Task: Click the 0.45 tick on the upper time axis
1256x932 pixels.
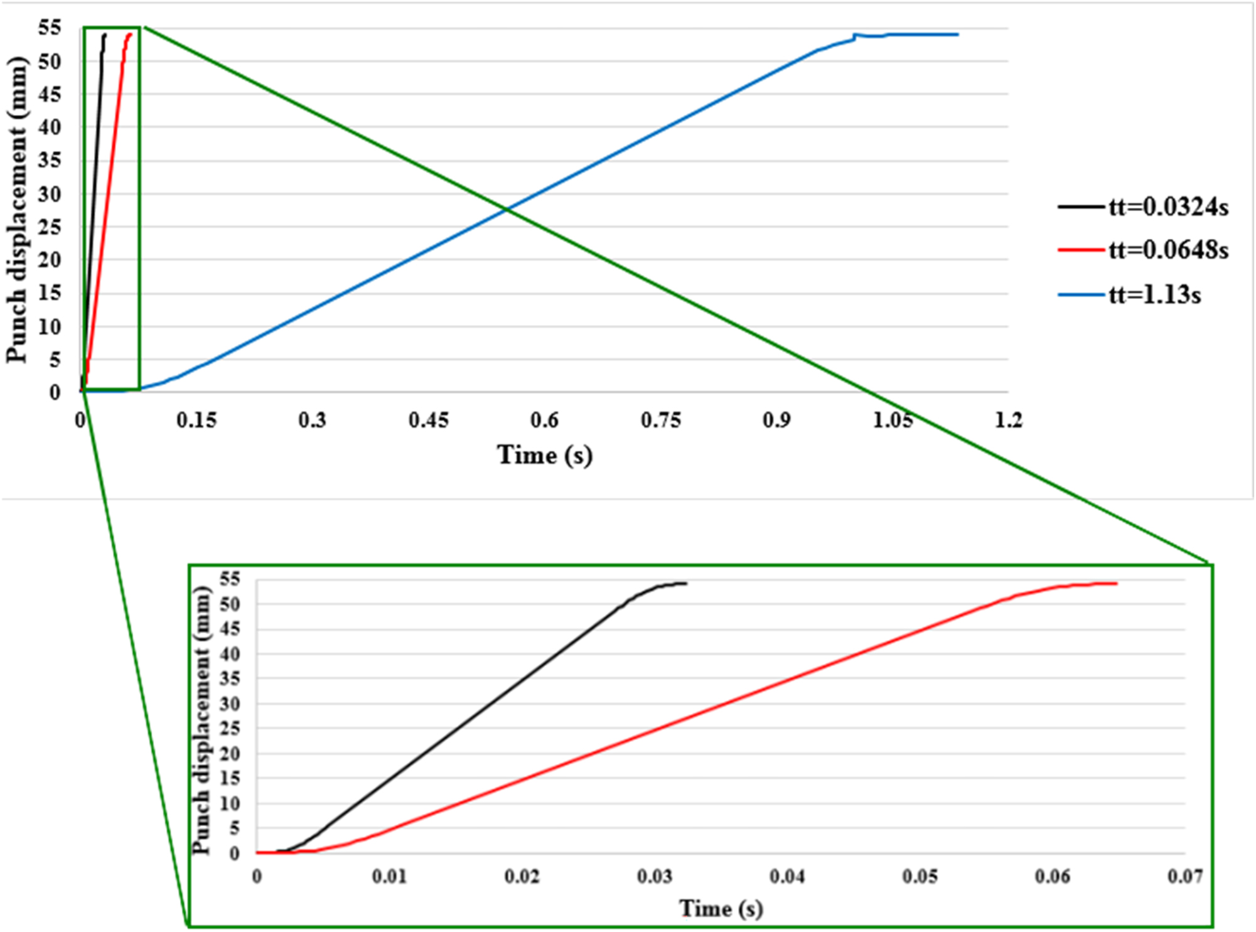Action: click(x=428, y=420)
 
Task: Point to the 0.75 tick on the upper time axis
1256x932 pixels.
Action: click(x=660, y=420)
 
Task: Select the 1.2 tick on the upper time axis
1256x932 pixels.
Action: click(x=1008, y=420)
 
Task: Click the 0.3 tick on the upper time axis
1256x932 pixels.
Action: click(x=312, y=420)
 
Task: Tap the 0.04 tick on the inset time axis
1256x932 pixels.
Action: click(x=787, y=876)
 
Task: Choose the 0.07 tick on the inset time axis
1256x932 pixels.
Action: click(x=1184, y=876)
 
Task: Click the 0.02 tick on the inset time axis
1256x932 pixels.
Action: click(x=522, y=876)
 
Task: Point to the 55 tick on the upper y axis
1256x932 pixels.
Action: click(x=50, y=28)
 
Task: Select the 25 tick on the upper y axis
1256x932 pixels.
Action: click(x=50, y=227)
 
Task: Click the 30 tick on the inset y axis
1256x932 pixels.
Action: click(x=229, y=704)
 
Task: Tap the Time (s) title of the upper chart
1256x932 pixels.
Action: click(x=544, y=454)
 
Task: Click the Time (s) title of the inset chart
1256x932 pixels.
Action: click(x=721, y=908)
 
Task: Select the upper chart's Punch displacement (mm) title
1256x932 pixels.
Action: click(x=17, y=210)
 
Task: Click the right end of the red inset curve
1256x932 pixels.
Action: click(x=1116, y=584)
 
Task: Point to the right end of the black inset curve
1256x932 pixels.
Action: click(x=686, y=584)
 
